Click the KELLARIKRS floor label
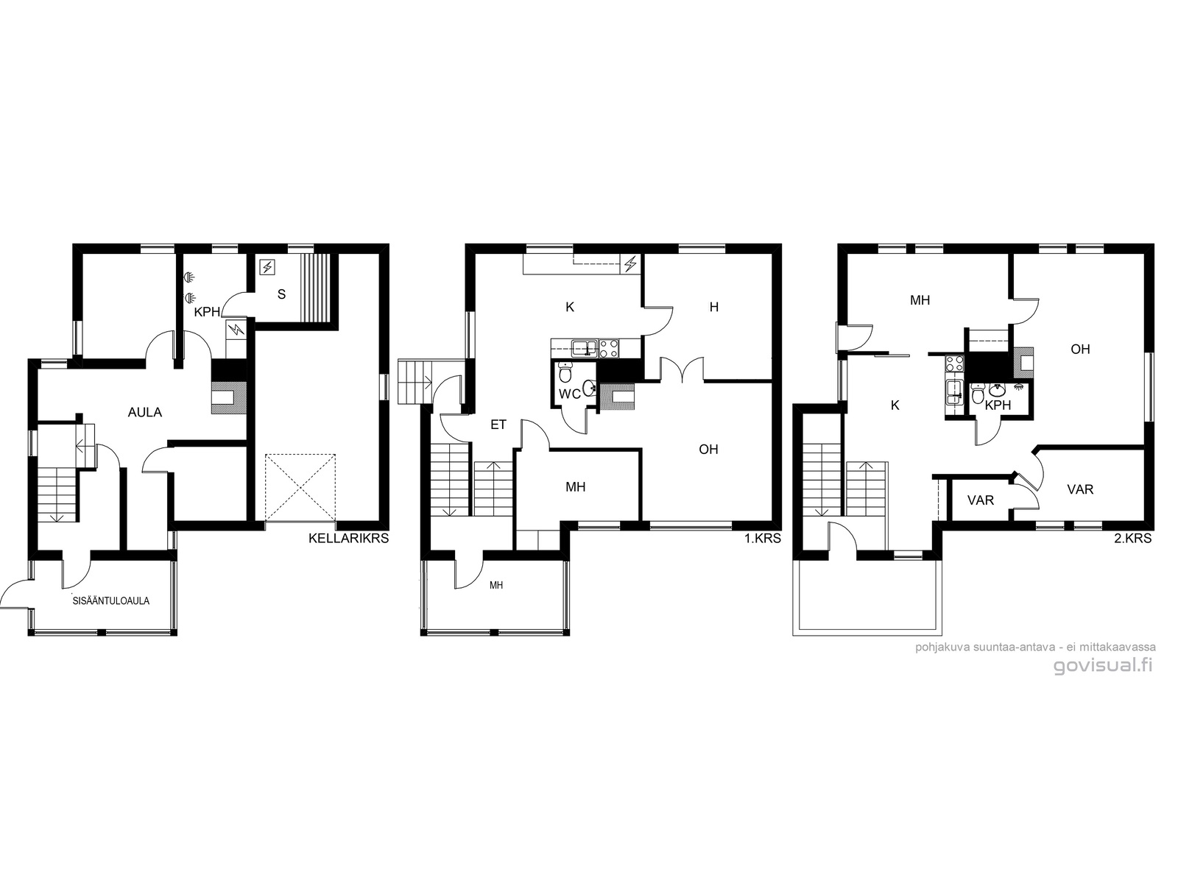click(x=348, y=539)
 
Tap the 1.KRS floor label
click(x=762, y=539)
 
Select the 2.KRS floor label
click(x=1133, y=539)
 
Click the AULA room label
click(x=145, y=412)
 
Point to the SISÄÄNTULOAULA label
click(x=111, y=601)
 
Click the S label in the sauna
click(x=281, y=294)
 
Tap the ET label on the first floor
click(x=498, y=425)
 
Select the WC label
click(x=570, y=394)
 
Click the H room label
click(x=713, y=307)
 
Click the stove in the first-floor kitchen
click(x=609, y=349)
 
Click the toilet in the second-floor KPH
click(x=977, y=395)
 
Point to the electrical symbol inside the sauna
click(x=267, y=266)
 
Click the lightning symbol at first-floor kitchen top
click(x=630, y=263)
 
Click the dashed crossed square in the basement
click(x=300, y=488)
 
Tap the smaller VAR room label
click(x=981, y=500)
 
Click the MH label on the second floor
click(x=920, y=300)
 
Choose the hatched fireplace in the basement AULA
click(x=229, y=397)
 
